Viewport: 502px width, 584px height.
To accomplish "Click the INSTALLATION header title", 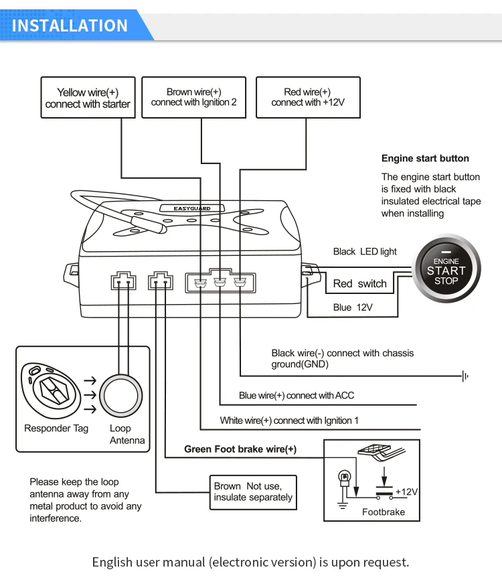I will pyautogui.click(x=70, y=25).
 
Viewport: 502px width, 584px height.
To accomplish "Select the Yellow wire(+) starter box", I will pyautogui.click(x=88, y=98).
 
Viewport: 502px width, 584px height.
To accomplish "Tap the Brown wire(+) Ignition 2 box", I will pyautogui.click(x=193, y=98).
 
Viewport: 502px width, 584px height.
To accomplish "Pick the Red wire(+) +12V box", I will pyautogui.click(x=307, y=98).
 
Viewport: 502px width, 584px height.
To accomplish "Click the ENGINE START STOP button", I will pyautogui.click(x=446, y=271).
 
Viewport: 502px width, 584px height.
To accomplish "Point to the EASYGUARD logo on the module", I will pyautogui.click(x=192, y=208).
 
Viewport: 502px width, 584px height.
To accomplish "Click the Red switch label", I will pyautogui.click(x=360, y=283).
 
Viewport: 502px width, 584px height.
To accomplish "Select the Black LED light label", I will pyautogui.click(x=365, y=252).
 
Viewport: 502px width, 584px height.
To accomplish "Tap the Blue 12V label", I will pyautogui.click(x=353, y=307).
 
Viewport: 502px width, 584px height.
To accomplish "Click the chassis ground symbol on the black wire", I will pyautogui.click(x=465, y=376).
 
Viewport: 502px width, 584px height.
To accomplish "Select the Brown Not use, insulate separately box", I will pyautogui.click(x=252, y=492).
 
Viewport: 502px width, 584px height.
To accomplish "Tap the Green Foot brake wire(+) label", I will pyautogui.click(x=240, y=449).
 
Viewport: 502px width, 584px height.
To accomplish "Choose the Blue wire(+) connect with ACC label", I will pyautogui.click(x=297, y=396).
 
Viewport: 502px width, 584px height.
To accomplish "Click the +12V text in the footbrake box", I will pyautogui.click(x=406, y=492).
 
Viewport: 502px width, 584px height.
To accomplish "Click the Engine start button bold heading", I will pyautogui.click(x=425, y=159).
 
